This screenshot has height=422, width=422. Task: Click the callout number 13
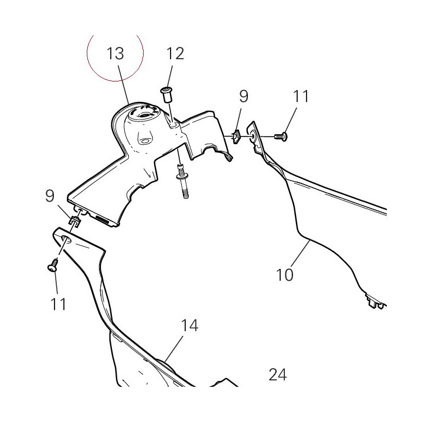click(x=115, y=53)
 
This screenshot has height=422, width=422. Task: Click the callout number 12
click(x=175, y=53)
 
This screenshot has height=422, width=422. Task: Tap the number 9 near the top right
click(x=243, y=96)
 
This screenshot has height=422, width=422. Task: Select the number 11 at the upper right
click(x=301, y=96)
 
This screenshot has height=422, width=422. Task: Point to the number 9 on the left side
click(x=49, y=196)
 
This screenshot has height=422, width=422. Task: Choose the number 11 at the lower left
click(x=58, y=304)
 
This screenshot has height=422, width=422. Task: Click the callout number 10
click(x=284, y=275)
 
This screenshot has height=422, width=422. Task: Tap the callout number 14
click(x=190, y=325)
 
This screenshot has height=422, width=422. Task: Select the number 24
click(x=278, y=375)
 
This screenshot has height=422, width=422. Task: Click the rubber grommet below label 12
click(x=167, y=94)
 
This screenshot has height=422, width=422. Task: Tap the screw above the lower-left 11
click(x=53, y=265)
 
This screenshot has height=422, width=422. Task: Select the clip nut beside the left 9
click(x=74, y=221)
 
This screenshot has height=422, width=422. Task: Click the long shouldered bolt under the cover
click(x=182, y=181)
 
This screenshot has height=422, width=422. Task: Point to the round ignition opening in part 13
click(x=142, y=114)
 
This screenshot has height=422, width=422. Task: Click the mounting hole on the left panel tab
click(x=66, y=239)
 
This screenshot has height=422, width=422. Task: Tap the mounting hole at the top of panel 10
click(x=254, y=134)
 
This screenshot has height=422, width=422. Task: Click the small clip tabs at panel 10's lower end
click(x=375, y=301)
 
